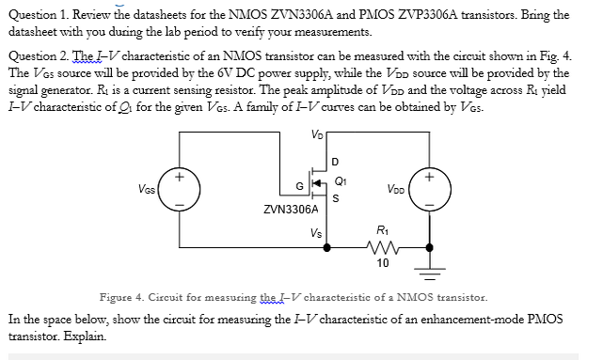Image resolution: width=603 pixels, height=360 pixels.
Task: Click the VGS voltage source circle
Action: tap(180, 188)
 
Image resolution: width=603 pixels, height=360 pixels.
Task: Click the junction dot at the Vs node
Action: tap(326, 248)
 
